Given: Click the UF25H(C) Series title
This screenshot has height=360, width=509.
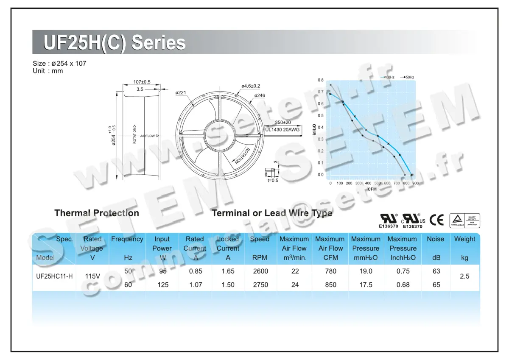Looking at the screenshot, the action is [115, 43].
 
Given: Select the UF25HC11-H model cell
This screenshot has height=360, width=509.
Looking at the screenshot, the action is [54, 276].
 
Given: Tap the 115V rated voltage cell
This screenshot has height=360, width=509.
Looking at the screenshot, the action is [92, 276].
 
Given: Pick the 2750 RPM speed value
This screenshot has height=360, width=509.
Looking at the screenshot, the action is [260, 285].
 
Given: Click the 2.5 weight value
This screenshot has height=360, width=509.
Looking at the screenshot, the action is [464, 276].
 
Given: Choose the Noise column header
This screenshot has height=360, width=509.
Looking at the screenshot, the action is [435, 239].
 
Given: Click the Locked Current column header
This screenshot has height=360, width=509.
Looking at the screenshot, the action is [228, 244].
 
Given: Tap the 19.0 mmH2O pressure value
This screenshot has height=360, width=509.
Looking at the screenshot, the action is [366, 271].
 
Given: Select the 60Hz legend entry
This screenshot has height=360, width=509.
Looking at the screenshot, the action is [389, 77].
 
